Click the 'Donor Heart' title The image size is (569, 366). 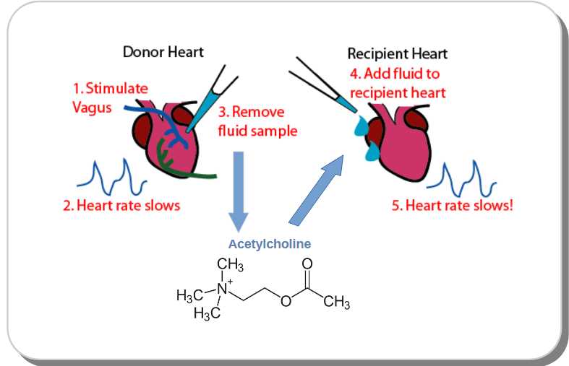pos(163,51)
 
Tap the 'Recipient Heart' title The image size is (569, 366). pos(397,53)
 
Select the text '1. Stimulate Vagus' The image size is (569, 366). pos(109,97)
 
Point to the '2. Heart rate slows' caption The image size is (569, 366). pos(121,205)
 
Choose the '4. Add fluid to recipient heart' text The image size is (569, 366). pos(397,83)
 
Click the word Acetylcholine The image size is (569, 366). pos(270,244)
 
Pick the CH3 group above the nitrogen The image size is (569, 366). pos(230,266)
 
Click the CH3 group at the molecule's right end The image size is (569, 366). pos(336,303)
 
